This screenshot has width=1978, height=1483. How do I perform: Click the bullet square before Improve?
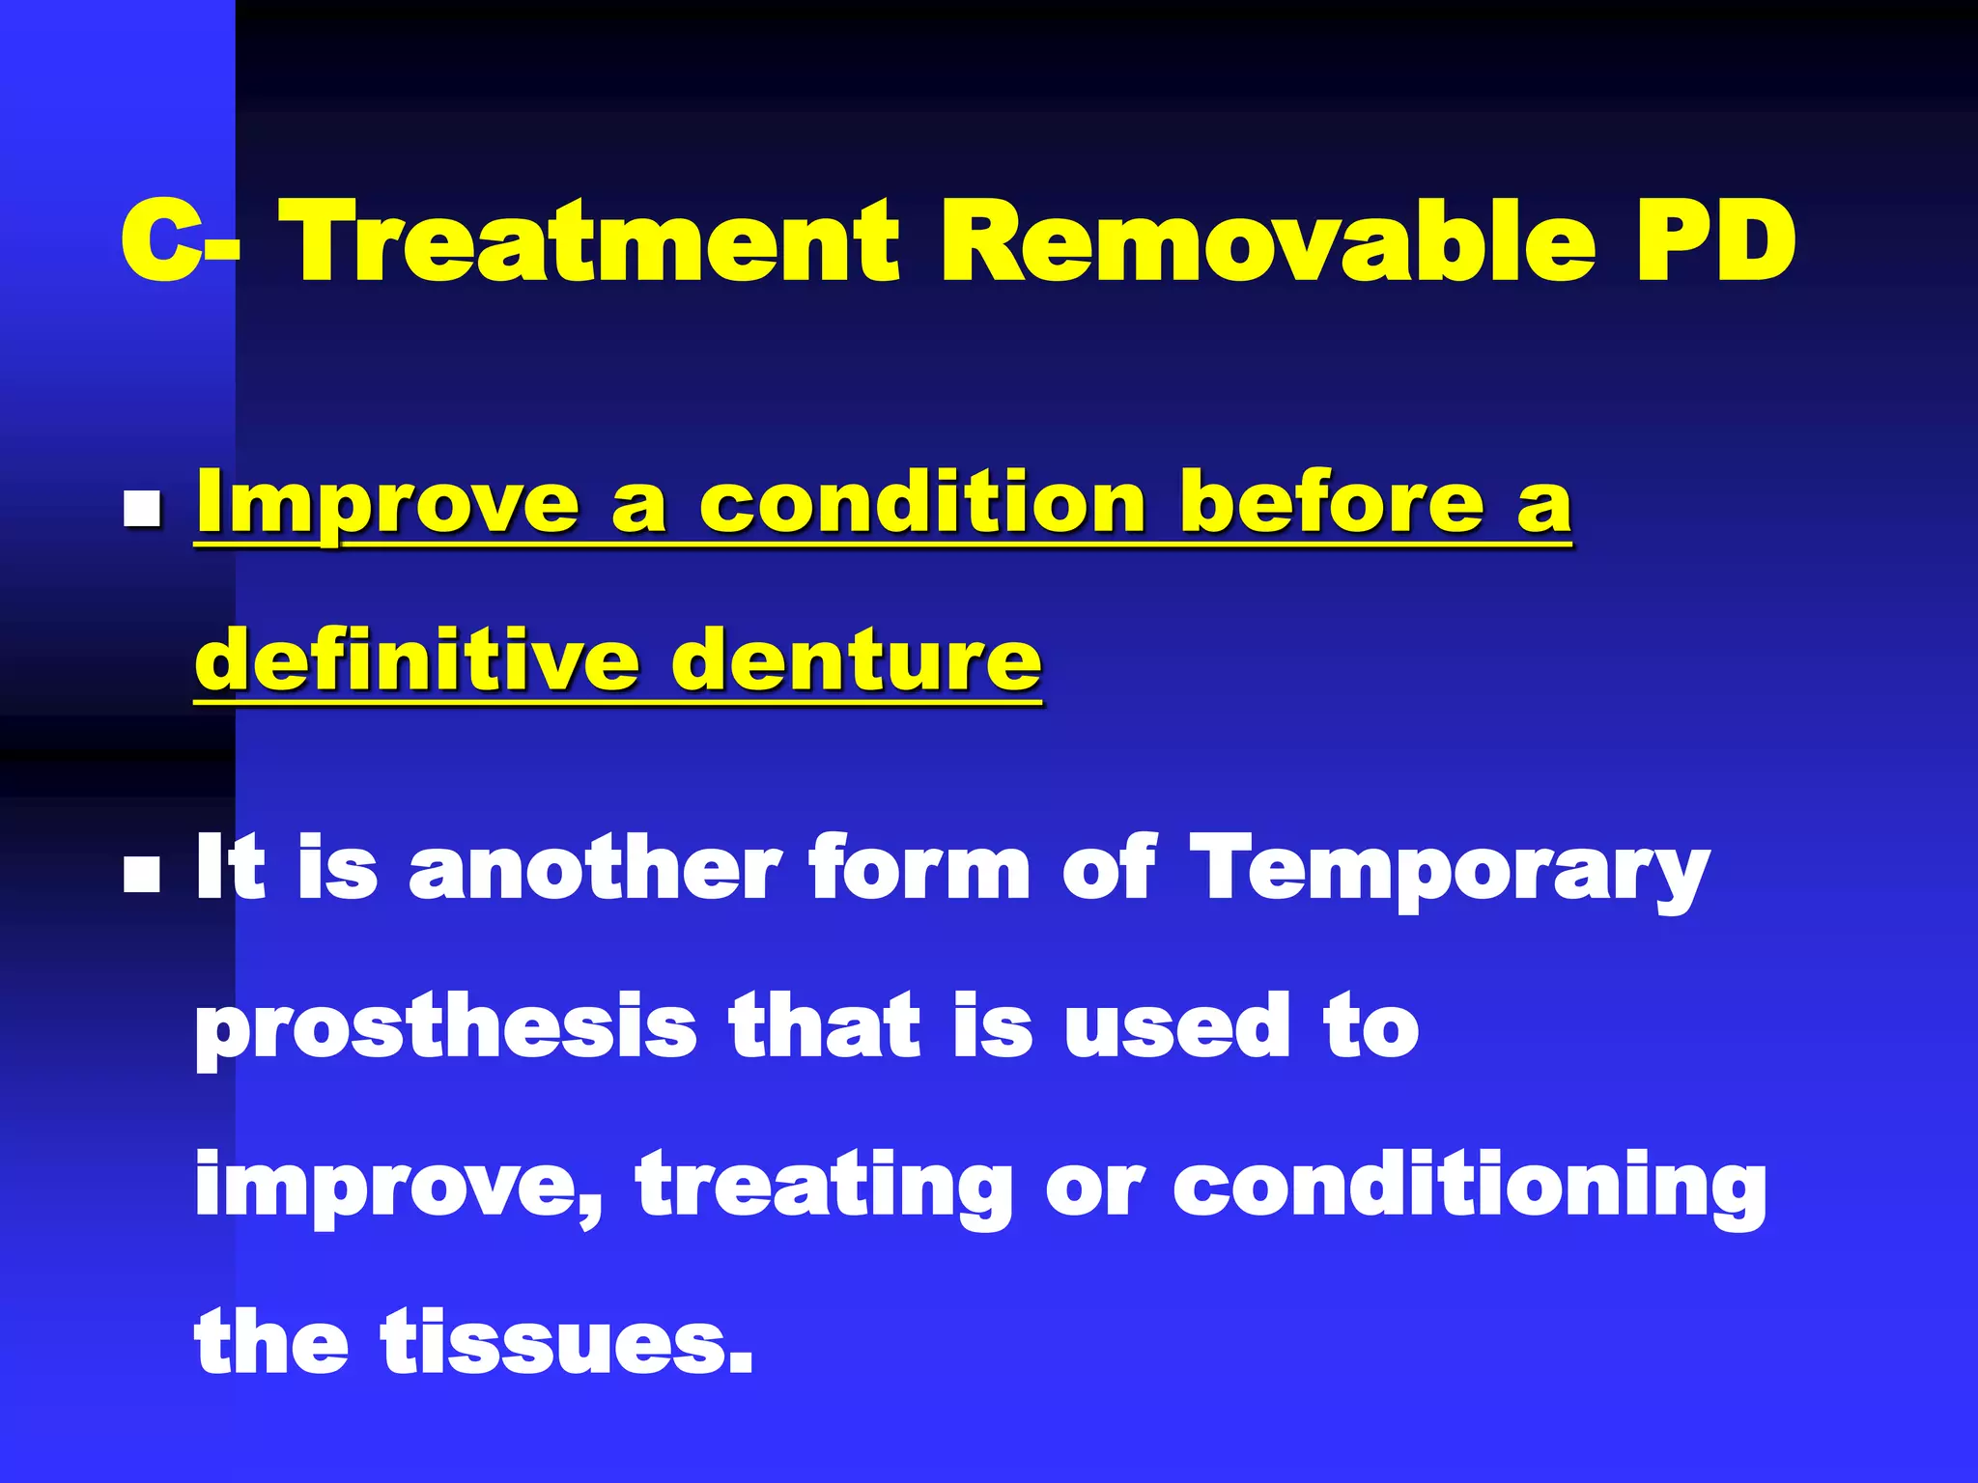click(x=142, y=508)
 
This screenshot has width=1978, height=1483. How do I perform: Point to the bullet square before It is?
click(x=142, y=875)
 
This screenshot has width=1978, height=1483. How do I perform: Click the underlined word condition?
click(x=921, y=504)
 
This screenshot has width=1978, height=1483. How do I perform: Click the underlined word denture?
click(x=857, y=662)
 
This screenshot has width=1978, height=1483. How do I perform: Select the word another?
click(x=595, y=869)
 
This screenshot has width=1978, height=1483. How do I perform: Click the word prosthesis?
click(x=445, y=1029)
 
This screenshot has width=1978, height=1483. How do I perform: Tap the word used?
click(x=1177, y=1027)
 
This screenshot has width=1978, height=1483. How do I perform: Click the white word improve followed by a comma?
click(x=397, y=1189)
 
